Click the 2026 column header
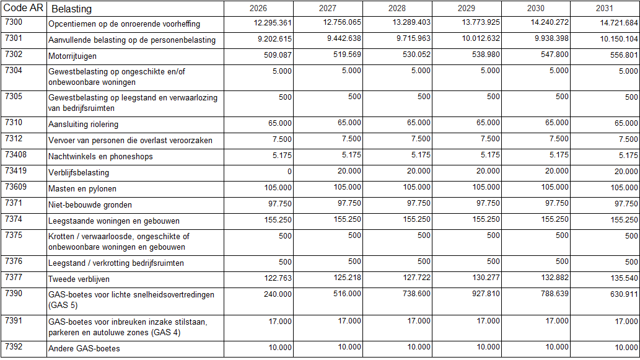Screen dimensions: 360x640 coord(258,8)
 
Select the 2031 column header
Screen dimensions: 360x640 coord(605,8)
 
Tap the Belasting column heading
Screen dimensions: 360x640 coord(71,9)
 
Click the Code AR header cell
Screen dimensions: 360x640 coord(24,9)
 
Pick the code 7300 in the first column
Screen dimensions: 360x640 coord(14,22)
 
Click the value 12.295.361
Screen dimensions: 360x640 coord(273,23)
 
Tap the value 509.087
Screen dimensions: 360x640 coord(278,55)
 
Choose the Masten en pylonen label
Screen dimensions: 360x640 coord(82,188)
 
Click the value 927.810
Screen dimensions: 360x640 coord(485,293)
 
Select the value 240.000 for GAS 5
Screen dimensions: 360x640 coord(278,293)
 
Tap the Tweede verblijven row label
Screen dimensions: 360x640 coord(79,279)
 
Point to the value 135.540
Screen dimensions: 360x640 coord(624,278)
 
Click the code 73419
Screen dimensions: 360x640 coord(16,171)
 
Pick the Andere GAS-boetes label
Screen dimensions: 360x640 coord(84,349)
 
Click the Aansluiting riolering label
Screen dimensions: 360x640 coord(83,125)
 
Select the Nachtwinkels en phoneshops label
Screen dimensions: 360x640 coord(100,157)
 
